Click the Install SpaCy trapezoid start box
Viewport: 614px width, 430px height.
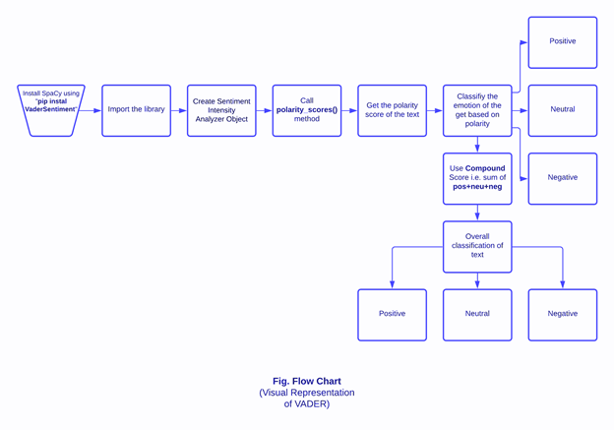(51, 109)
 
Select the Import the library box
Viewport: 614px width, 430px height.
(136, 110)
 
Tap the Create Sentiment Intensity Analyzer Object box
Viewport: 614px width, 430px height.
(221, 110)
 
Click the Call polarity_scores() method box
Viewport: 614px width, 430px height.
(307, 110)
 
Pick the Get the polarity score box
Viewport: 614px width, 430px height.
(392, 110)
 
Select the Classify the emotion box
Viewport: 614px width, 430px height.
(477, 110)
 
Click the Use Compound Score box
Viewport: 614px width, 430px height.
(477, 178)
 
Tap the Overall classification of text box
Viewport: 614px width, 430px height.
(477, 246)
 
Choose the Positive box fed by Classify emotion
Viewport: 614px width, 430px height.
(562, 42)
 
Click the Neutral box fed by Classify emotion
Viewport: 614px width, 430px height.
(562, 110)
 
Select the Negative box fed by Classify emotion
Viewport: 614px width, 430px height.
(562, 178)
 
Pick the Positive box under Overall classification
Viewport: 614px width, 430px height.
(392, 314)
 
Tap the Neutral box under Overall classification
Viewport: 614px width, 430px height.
(477, 314)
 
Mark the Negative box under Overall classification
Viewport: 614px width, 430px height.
(562, 314)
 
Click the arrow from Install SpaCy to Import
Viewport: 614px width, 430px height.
(92, 110)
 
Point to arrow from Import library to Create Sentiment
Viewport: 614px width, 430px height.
(178, 110)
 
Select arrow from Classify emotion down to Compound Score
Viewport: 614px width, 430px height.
(477, 145)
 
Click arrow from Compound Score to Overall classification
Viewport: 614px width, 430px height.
(477, 213)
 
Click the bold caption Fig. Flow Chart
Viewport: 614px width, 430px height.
(307, 381)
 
